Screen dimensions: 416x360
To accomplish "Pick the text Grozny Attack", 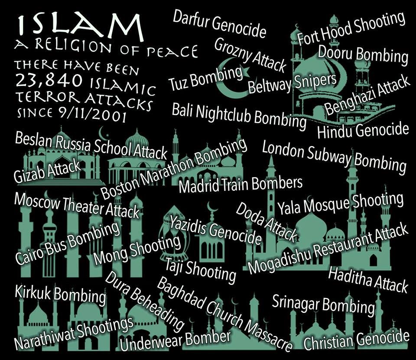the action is (x=250, y=55).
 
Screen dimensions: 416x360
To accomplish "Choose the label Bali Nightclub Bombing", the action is (x=239, y=115).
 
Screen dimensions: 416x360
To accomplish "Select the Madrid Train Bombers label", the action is (x=240, y=185).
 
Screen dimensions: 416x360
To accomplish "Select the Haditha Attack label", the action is (x=368, y=279).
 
